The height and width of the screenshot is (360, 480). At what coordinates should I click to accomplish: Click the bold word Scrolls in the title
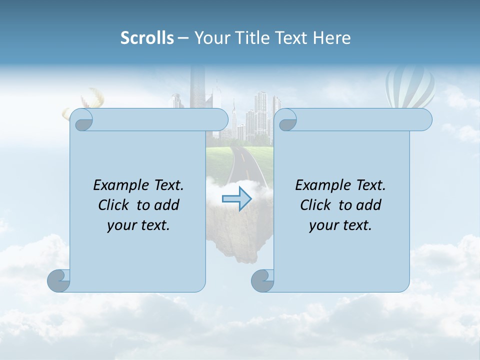pyautogui.click(x=147, y=38)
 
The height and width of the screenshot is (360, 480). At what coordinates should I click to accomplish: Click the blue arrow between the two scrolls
pyautogui.click(x=236, y=198)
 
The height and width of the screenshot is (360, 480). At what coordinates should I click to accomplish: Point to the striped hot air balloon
pyautogui.click(x=409, y=87)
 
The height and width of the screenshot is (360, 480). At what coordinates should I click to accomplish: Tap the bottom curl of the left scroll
pyautogui.click(x=58, y=280)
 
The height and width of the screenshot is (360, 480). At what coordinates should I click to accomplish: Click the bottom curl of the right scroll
pyautogui.click(x=262, y=280)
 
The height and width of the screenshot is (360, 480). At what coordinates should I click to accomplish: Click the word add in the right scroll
pyautogui.click(x=370, y=205)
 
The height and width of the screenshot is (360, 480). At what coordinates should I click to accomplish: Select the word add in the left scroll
pyautogui.click(x=168, y=205)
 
